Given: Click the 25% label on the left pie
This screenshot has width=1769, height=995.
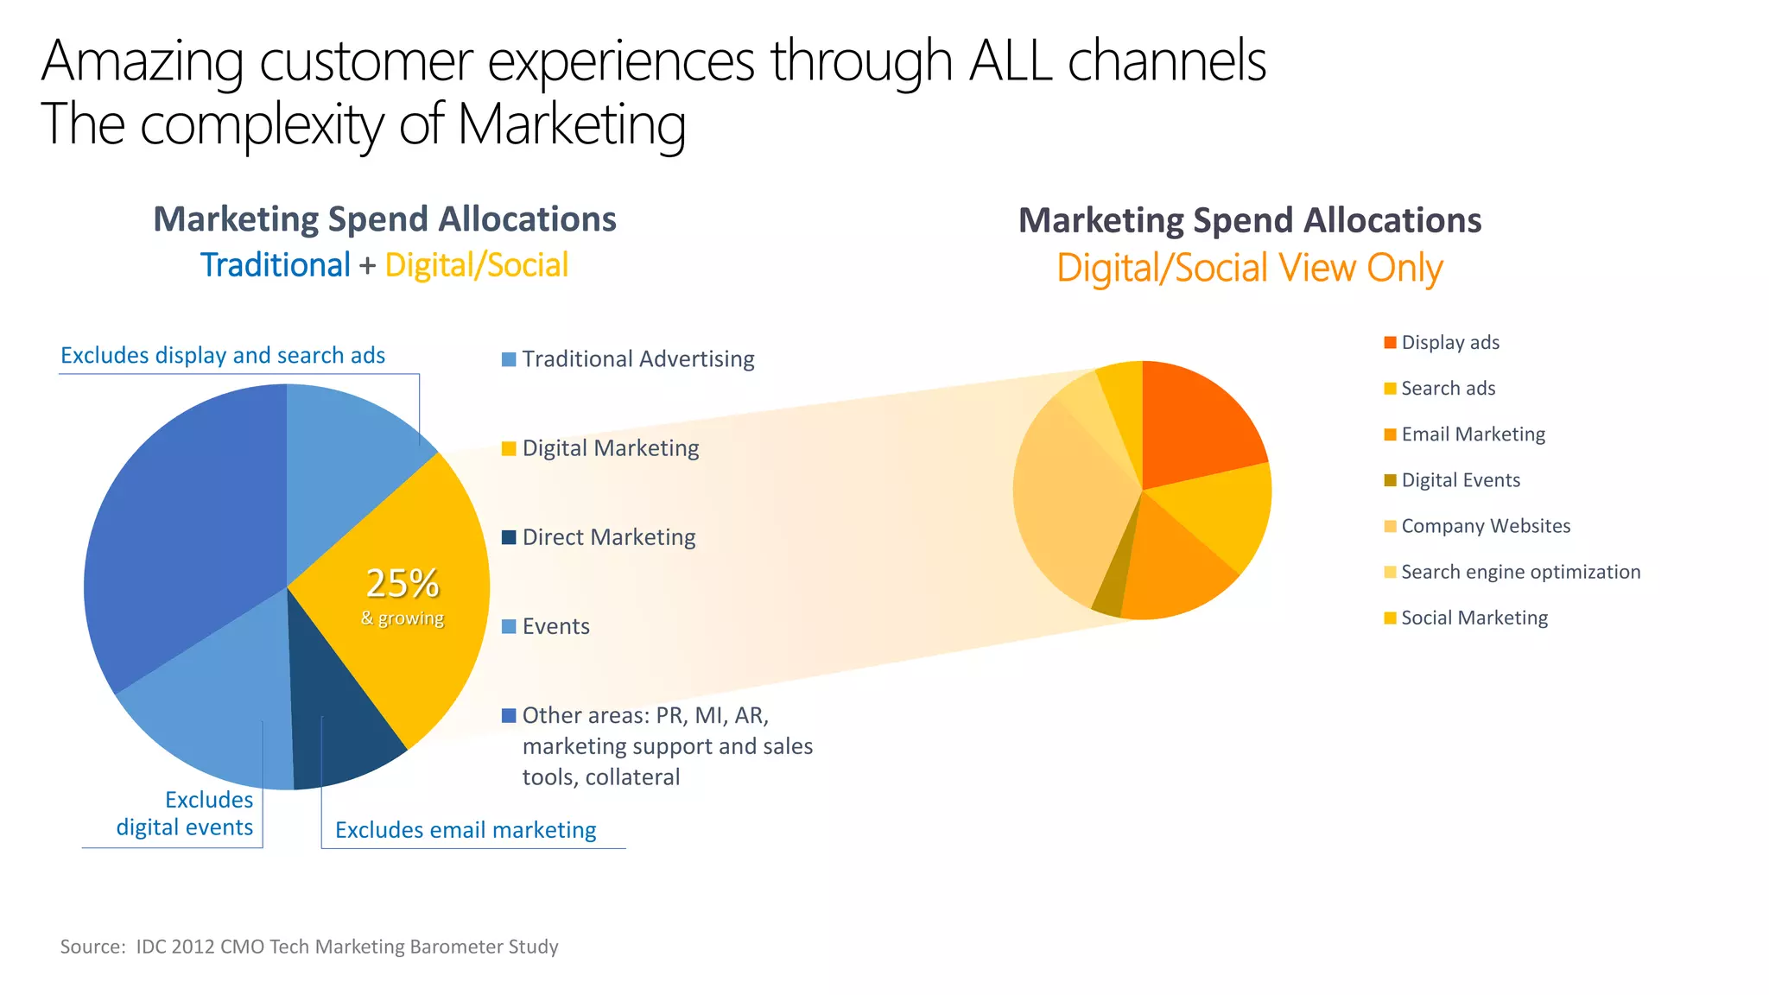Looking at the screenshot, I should click(x=403, y=584).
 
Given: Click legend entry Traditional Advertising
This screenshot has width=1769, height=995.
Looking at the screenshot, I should click(x=637, y=359).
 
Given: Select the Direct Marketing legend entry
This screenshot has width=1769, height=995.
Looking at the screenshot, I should click(x=608, y=537).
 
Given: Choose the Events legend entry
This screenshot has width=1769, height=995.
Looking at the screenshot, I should click(x=555, y=626).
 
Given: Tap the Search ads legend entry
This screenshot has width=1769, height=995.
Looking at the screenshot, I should click(x=1448, y=389).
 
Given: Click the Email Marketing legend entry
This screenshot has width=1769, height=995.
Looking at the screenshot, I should click(x=1473, y=434).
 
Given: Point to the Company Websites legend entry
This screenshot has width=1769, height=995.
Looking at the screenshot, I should click(x=1485, y=526).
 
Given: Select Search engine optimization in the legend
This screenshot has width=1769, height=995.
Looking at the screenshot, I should click(x=1519, y=572).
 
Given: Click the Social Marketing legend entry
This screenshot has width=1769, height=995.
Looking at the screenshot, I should click(x=1474, y=618).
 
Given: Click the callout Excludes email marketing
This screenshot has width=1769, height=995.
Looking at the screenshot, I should click(x=466, y=830).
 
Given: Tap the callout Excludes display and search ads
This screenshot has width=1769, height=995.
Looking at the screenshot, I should click(x=223, y=356).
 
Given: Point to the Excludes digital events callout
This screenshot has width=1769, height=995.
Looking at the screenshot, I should click(x=185, y=814).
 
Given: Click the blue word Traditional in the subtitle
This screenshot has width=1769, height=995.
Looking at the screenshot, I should click(x=275, y=265).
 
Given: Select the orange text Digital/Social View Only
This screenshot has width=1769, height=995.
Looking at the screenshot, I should click(x=1249, y=268).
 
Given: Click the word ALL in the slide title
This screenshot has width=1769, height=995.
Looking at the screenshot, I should click(x=1011, y=62).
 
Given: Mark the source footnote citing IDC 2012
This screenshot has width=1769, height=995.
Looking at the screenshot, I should click(x=309, y=947).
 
